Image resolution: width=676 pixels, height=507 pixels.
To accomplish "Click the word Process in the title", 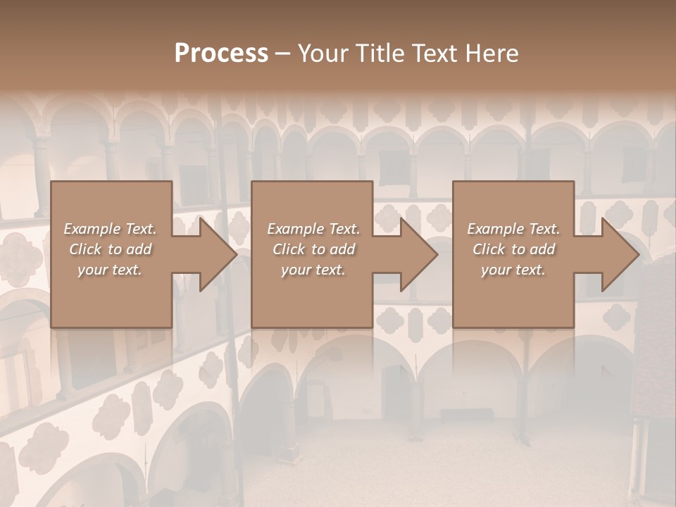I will (x=221, y=54).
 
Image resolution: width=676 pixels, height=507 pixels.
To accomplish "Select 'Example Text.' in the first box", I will (x=111, y=229).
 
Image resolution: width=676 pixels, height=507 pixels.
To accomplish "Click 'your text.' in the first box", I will (x=110, y=270).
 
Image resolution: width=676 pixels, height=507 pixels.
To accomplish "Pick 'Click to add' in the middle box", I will (x=313, y=249).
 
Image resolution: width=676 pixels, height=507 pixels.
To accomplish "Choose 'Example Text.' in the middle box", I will (x=313, y=229).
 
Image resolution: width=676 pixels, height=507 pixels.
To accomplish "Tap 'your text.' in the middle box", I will (x=313, y=270).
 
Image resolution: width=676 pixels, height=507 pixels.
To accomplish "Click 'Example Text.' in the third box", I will (x=513, y=229).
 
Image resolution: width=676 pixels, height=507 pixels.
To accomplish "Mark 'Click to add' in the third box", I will (x=513, y=249).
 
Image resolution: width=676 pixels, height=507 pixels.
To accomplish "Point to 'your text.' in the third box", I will (x=513, y=270).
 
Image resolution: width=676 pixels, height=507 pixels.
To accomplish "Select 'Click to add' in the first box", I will (x=111, y=249).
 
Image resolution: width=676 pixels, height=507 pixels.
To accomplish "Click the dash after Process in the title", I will (x=282, y=54).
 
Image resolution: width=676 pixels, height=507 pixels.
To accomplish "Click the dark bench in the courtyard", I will (x=460, y=414).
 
